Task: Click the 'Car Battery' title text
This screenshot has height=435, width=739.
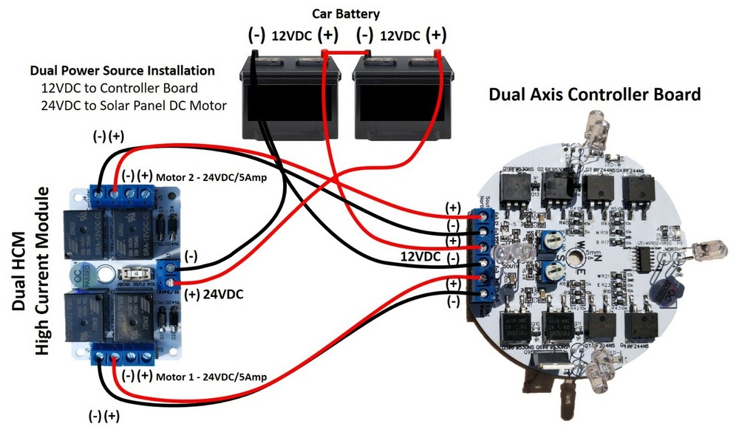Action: [x=346, y=13]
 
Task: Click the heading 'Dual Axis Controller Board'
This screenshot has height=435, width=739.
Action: [x=595, y=95]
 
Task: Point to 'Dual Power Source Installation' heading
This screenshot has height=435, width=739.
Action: [x=123, y=71]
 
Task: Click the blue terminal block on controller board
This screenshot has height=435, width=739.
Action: [x=484, y=255]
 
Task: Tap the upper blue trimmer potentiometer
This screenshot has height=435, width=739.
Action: [x=549, y=241]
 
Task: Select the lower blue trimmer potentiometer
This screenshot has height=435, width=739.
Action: [x=551, y=271]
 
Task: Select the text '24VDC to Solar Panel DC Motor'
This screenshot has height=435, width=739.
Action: [x=134, y=105]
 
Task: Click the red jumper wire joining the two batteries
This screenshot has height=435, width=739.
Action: [x=346, y=53]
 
